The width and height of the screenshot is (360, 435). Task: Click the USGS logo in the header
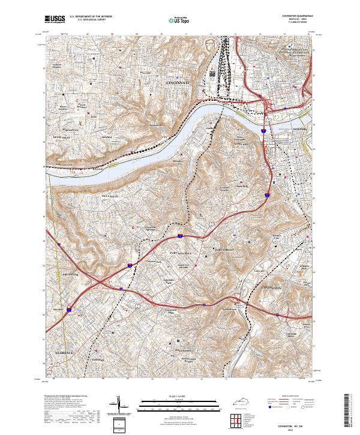coord(55,19)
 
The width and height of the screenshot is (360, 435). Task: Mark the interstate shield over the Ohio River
coord(264,128)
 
